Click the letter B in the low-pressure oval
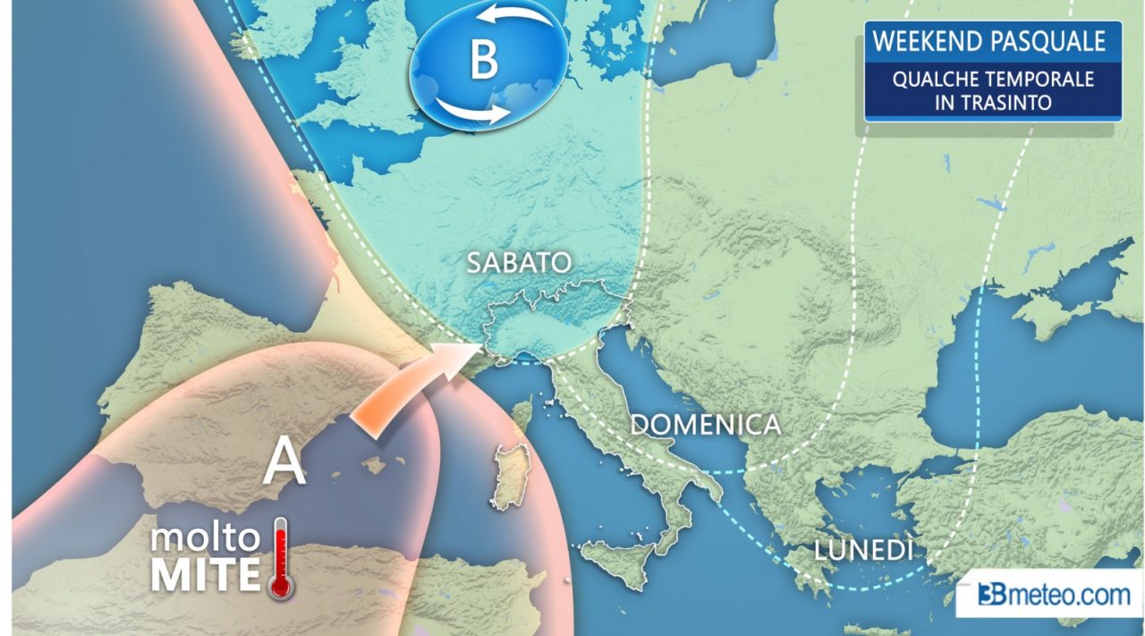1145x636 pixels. (x=483, y=62)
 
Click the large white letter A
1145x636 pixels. (x=285, y=462)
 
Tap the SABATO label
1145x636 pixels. (x=519, y=263)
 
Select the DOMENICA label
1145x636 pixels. (x=705, y=424)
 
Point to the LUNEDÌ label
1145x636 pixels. (x=863, y=550)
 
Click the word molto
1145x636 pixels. (x=206, y=538)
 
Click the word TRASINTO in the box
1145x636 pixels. (x=1008, y=102)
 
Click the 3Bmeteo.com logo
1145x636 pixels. (x=1047, y=594)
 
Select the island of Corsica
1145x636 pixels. (x=522, y=417)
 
